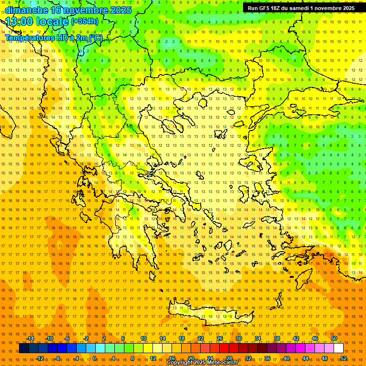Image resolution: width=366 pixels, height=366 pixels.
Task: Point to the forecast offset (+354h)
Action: click(85, 21)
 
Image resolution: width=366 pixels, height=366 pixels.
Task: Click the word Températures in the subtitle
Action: click(30, 38)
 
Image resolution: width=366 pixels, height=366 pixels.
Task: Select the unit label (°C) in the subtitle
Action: click(95, 38)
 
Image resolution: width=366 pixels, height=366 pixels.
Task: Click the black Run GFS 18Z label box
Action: click(301, 8)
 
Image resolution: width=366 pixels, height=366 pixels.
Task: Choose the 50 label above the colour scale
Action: click(334, 338)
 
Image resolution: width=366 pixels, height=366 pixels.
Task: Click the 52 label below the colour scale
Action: click(343, 358)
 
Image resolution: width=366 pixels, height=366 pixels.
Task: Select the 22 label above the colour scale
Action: click(201, 338)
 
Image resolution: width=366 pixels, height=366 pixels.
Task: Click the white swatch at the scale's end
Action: click(338, 348)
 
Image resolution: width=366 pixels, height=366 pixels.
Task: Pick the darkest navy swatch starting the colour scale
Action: click(24, 348)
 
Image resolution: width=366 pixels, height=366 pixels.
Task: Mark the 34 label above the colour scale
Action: click(258, 338)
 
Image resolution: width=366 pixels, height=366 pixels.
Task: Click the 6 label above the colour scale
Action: click(123, 338)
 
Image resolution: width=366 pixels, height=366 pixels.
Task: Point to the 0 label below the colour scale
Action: click(94, 358)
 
